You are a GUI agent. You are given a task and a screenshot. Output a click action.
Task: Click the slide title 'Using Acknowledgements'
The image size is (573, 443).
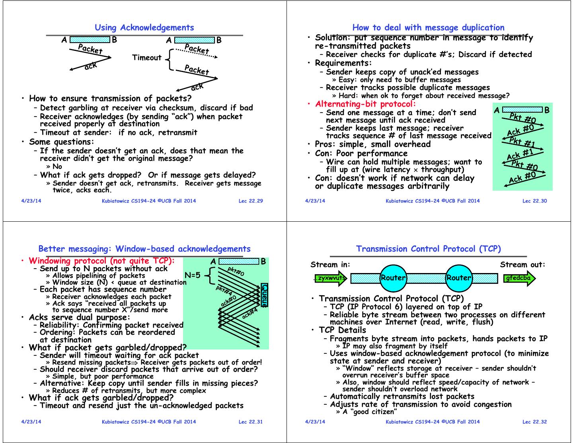[x=144, y=27]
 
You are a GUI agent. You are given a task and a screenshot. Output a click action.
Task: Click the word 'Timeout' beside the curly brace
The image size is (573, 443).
[x=147, y=58]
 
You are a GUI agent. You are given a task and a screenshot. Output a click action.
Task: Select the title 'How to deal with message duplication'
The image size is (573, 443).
[x=428, y=27]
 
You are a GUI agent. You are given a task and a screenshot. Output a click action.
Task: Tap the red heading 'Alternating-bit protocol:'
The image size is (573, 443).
[x=365, y=104]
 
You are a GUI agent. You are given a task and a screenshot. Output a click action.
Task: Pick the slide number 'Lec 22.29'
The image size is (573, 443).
[x=251, y=201]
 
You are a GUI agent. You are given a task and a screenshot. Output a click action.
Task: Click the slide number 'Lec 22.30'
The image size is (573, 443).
[x=534, y=201]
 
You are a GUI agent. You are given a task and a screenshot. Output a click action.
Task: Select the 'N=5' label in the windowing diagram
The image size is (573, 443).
[x=193, y=275]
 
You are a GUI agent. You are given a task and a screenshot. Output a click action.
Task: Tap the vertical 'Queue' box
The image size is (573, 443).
[x=265, y=295]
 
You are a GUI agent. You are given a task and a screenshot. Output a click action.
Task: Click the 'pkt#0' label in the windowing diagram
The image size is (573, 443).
[x=236, y=271]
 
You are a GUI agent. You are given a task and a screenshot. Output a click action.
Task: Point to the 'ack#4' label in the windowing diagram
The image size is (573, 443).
[x=250, y=314]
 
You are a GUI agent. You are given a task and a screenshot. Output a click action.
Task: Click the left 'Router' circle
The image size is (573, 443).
[x=393, y=278]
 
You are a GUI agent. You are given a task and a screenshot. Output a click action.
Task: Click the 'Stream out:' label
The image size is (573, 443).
[x=522, y=265]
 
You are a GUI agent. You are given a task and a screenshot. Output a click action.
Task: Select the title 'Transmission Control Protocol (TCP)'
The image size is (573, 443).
[x=428, y=249]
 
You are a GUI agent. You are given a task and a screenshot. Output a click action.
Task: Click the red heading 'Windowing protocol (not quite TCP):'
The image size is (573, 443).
[x=101, y=261]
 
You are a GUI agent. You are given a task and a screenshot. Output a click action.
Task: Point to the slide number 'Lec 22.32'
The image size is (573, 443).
[x=534, y=422]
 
